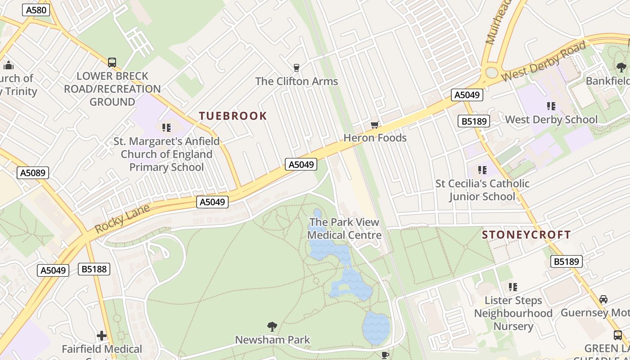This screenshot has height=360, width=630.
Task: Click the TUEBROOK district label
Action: (x=233, y=116)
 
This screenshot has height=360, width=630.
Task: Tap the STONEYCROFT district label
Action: (x=526, y=234)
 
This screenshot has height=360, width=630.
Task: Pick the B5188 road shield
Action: (x=94, y=269)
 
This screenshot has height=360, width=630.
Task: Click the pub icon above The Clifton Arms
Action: (x=296, y=68)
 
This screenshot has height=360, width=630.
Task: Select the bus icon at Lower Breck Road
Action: (x=112, y=63)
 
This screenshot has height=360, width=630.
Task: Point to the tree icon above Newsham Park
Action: (x=272, y=326)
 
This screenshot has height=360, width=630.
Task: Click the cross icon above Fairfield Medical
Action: (x=102, y=336)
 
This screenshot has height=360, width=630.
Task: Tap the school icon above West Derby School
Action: (x=551, y=106)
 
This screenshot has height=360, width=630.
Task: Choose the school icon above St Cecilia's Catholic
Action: (x=482, y=170)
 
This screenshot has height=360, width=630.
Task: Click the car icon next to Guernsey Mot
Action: (x=603, y=299)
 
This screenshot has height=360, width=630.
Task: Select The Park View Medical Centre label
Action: (x=345, y=229)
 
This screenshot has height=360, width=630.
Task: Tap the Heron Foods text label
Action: (x=375, y=138)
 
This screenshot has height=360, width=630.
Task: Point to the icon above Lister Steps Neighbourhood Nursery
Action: (x=513, y=287)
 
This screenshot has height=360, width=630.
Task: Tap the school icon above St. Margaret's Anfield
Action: (x=166, y=128)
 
